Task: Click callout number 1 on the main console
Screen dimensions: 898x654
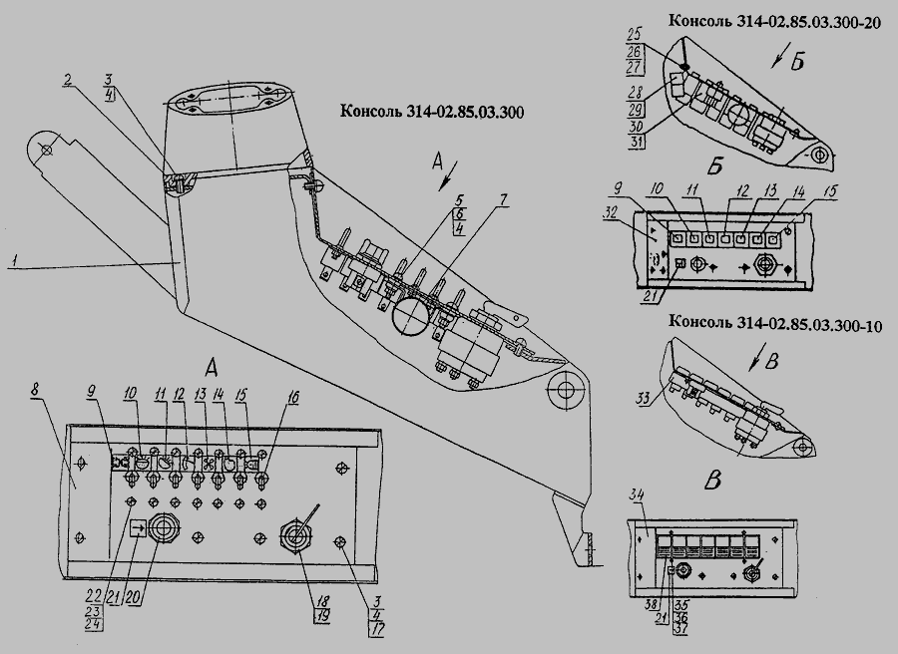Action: point(13,261)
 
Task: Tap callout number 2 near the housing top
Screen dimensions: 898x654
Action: point(68,81)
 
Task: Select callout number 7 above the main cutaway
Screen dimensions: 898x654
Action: point(504,200)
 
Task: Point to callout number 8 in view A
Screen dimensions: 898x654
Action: point(35,390)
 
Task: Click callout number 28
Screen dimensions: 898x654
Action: point(636,92)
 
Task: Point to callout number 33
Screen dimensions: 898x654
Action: point(645,397)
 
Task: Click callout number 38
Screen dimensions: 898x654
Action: point(652,603)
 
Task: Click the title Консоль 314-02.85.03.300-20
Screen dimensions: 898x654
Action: point(775,21)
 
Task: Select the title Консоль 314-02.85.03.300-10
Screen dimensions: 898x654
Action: point(775,323)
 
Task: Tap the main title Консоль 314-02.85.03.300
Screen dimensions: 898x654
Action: point(432,111)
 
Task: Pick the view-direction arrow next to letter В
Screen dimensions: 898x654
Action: point(755,360)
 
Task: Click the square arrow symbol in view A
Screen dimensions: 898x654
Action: point(138,528)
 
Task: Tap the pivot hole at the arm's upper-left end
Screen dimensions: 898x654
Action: point(46,151)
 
